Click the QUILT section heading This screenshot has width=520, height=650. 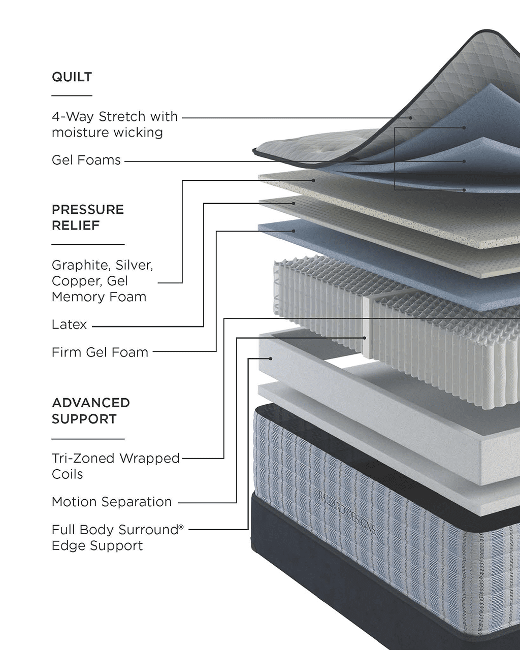coord(72,77)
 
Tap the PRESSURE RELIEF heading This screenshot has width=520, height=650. coord(88,217)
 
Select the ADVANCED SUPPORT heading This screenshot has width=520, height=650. coord(91,411)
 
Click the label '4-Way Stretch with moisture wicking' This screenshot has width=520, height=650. coord(115,124)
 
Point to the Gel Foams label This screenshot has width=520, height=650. coord(86,160)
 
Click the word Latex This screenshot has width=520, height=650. coord(70,324)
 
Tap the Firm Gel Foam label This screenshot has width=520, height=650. coord(100,352)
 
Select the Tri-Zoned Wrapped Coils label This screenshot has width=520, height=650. coord(116,466)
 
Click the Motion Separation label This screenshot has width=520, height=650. coord(112,502)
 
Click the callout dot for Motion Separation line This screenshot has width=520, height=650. coord(365,338)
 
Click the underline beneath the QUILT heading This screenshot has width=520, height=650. coord(72,95)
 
